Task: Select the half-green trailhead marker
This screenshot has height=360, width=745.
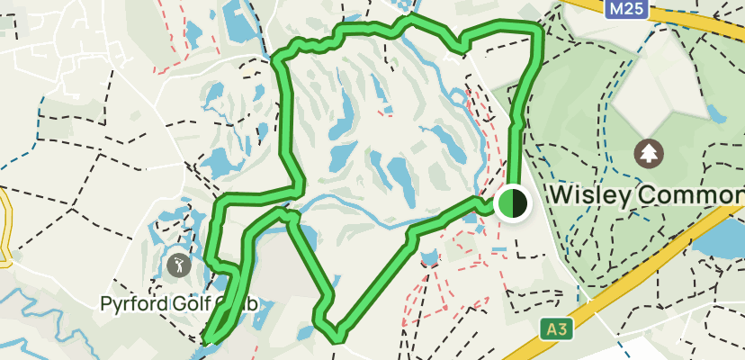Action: click(513, 203)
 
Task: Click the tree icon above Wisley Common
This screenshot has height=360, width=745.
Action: click(647, 154)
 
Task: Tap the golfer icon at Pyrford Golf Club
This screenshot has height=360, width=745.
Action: click(178, 265)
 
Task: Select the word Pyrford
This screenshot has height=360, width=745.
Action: click(131, 304)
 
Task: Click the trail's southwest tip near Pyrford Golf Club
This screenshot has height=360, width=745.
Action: click(208, 340)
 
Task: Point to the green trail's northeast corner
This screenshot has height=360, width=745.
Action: click(538, 31)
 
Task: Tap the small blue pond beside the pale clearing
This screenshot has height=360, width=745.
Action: click(717, 113)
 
